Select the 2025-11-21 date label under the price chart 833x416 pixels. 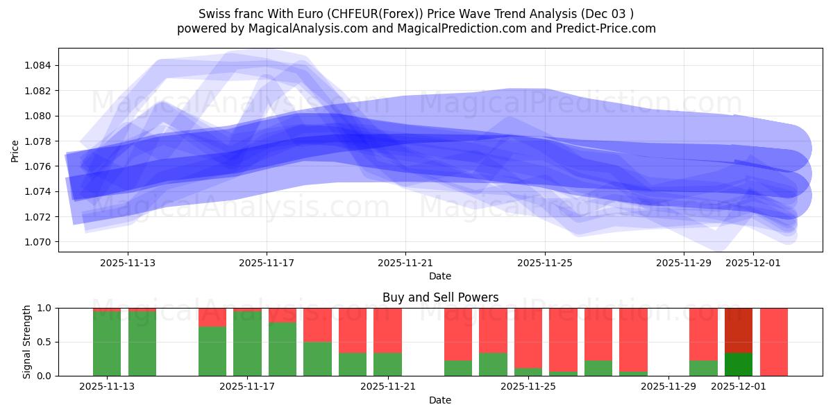coord(405,263)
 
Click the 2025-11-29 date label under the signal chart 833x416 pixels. coord(668,387)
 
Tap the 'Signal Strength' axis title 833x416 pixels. coord(26,342)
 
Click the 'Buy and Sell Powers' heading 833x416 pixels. coord(440,297)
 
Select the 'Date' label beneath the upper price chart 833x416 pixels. coord(440,276)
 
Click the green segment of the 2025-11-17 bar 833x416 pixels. coord(247,343)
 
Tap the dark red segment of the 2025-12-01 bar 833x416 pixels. coord(739,330)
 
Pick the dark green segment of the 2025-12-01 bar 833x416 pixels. coord(739,364)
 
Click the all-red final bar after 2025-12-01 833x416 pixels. coord(773,342)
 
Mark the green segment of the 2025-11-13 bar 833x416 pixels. coord(107,343)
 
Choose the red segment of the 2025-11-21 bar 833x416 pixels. coord(387,330)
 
